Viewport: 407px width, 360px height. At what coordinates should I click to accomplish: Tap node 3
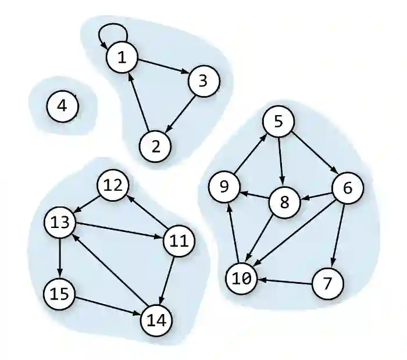pyautogui.click(x=203, y=81)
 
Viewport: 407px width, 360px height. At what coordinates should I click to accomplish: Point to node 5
pyautogui.click(x=278, y=122)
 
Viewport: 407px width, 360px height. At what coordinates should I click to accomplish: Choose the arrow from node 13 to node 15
pyautogui.click(x=60, y=258)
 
